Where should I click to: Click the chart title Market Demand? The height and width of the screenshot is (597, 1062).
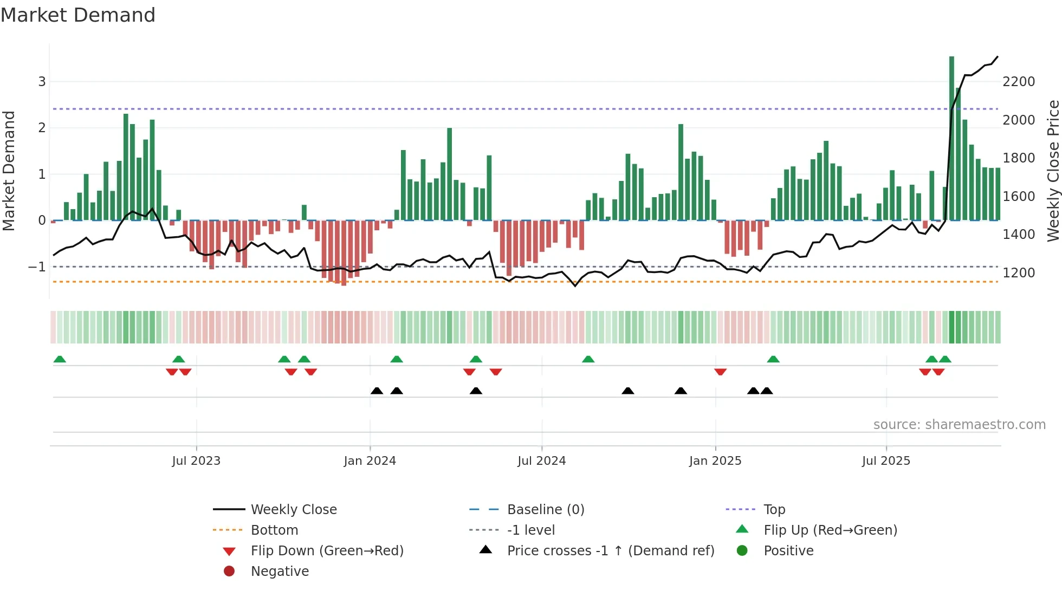(78, 15)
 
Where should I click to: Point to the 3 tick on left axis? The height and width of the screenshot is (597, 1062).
(42, 82)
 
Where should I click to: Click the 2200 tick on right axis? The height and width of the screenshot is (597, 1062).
(1019, 82)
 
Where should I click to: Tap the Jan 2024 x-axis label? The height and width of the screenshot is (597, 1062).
(370, 461)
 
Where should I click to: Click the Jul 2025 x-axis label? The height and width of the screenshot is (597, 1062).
(886, 461)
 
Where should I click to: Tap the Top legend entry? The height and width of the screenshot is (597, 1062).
(774, 510)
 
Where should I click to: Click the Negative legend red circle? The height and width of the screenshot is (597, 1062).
(229, 572)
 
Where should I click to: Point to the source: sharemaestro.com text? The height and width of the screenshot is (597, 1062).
(959, 425)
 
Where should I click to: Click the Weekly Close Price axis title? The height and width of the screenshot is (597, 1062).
(1053, 171)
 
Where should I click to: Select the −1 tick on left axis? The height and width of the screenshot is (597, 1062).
(37, 267)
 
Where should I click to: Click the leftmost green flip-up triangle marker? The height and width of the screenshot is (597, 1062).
(60, 359)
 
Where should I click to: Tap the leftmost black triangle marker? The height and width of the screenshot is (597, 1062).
(377, 391)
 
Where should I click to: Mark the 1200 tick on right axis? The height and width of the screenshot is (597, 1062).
(1019, 273)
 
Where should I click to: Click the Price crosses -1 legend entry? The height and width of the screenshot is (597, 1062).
(610, 551)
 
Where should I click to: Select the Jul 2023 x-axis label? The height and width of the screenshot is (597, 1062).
(196, 461)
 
